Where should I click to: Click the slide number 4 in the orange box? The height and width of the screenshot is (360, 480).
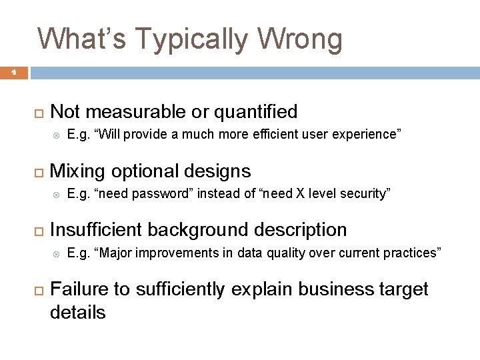coord(13,73)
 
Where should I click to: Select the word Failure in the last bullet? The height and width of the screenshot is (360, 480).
coord(79,289)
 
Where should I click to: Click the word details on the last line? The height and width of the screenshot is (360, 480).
coord(77,312)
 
